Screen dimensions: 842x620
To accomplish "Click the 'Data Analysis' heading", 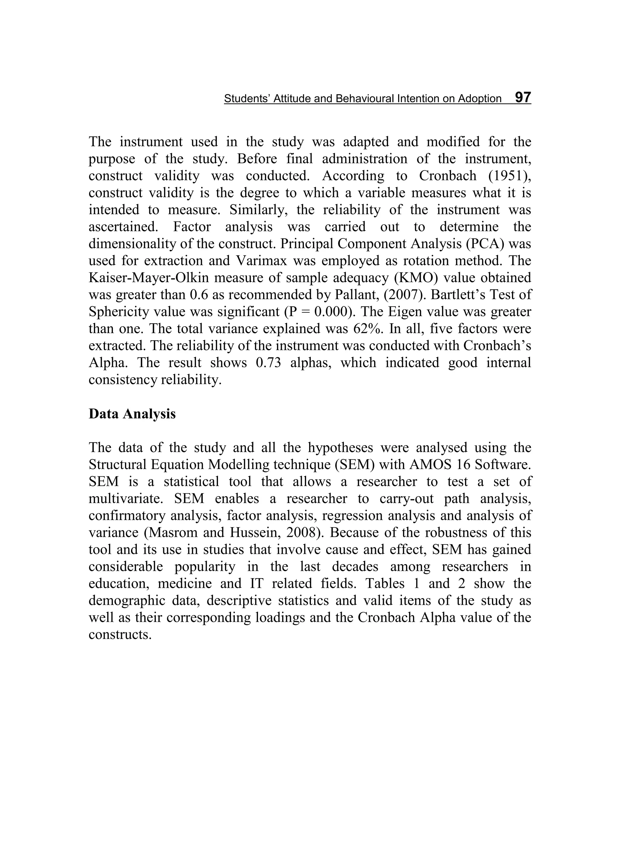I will click(132, 414).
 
